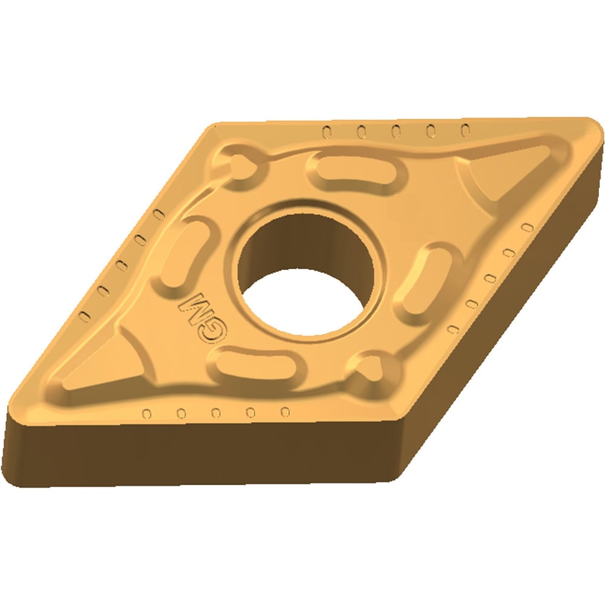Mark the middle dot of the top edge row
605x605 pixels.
[x=396, y=130]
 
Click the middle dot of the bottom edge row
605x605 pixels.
[x=215, y=413]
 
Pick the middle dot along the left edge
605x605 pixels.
[x=120, y=265]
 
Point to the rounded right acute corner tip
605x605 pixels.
[x=595, y=130]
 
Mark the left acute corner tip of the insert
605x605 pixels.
[x=12, y=417]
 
